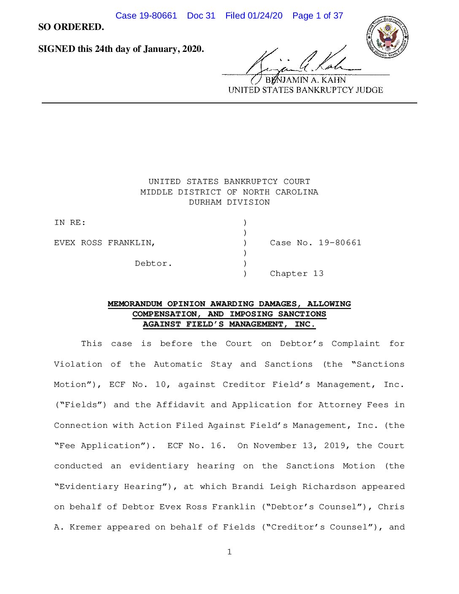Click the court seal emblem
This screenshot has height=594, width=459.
[x=387, y=38]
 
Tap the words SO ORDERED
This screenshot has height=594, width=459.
[x=71, y=27]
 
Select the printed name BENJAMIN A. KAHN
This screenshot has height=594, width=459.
[x=305, y=80]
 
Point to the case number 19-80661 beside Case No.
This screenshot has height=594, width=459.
[x=340, y=243]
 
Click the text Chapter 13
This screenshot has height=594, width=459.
[x=297, y=273]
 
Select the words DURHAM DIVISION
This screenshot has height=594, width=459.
[x=229, y=202]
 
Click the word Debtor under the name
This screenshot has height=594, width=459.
[x=153, y=263]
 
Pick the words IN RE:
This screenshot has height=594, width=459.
[x=70, y=222]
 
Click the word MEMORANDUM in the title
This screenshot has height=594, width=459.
[x=135, y=304]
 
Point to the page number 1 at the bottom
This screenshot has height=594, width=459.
[x=229, y=552]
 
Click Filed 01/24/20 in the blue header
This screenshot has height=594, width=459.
[x=254, y=16]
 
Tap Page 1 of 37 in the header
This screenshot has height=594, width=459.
[x=318, y=16]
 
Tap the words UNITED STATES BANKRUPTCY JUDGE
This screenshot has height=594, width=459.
[x=305, y=90]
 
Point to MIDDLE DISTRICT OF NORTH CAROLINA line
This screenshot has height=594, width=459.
[x=229, y=192]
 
